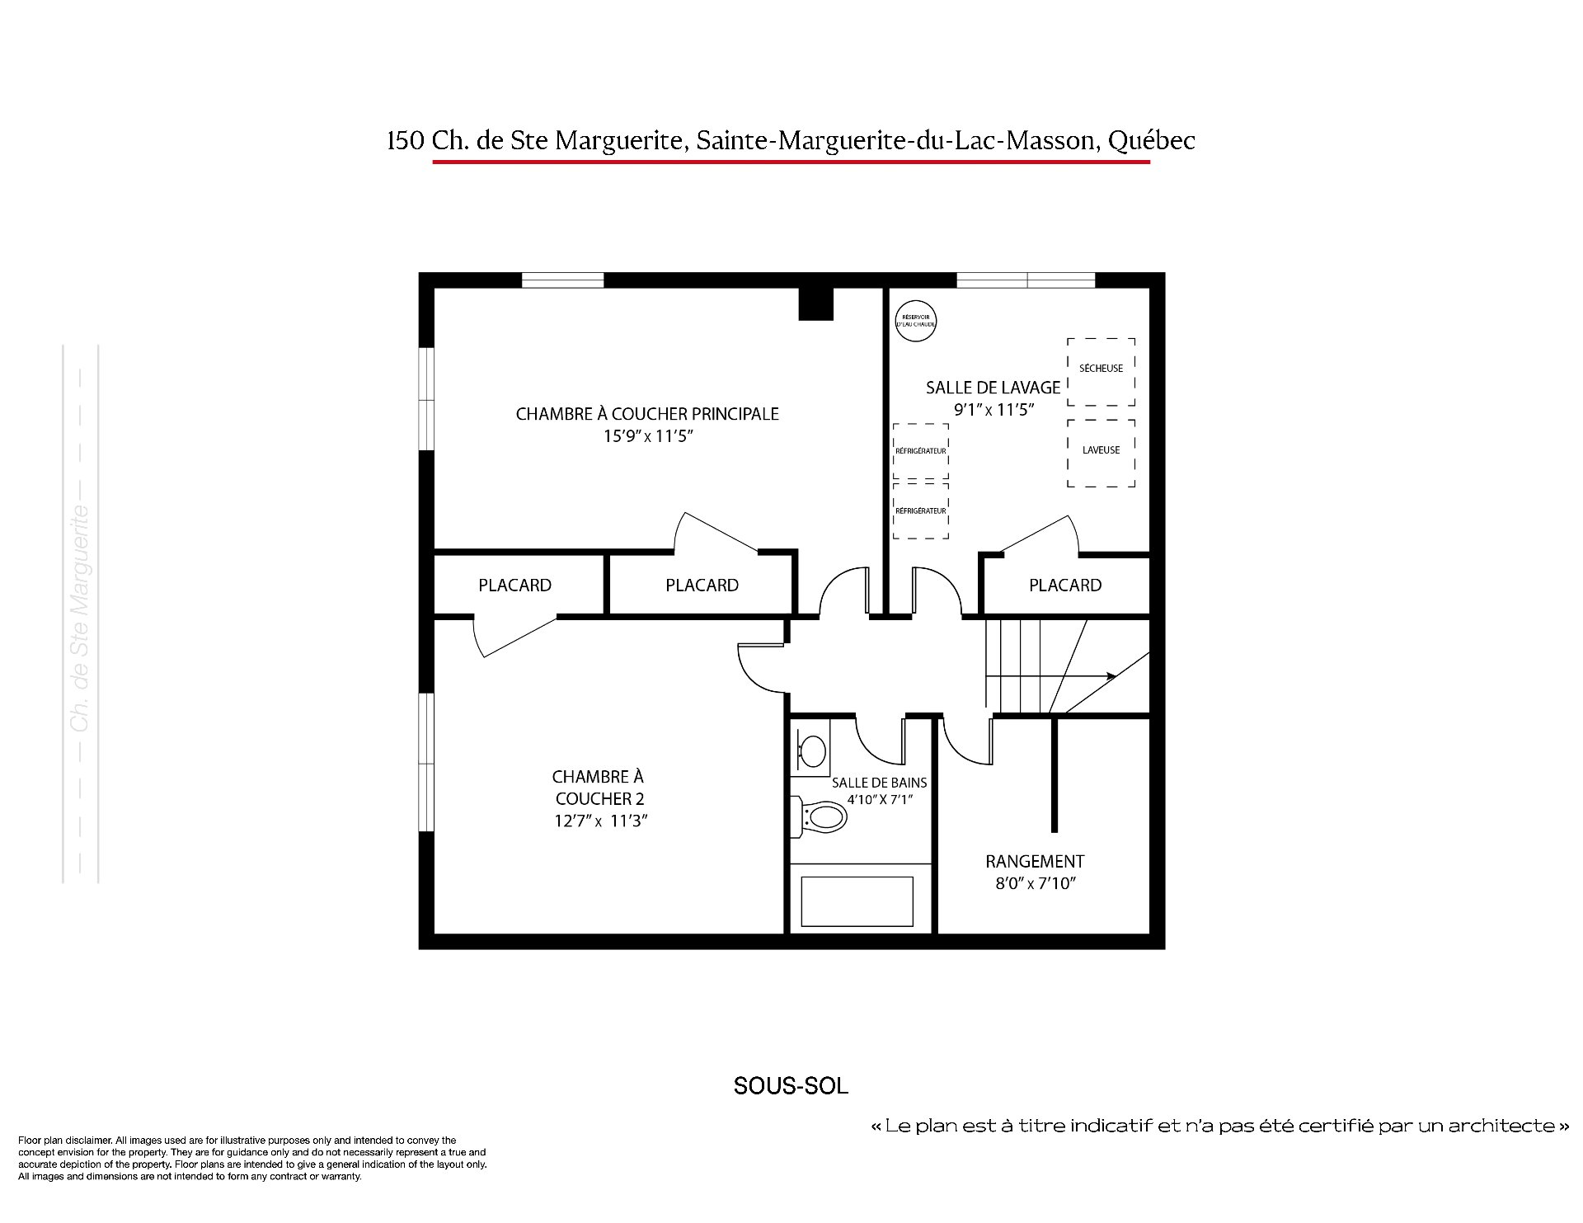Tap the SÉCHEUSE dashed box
click(x=1101, y=371)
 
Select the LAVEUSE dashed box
click(x=1101, y=453)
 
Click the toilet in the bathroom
click(x=820, y=817)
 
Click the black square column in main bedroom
click(x=816, y=303)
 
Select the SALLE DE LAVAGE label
click(x=993, y=388)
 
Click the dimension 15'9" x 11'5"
click(x=647, y=436)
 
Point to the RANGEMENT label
click(x=1035, y=862)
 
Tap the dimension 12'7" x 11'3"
click(x=600, y=821)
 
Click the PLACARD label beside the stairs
click(x=1065, y=586)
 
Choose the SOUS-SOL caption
click(x=791, y=1086)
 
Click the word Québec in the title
click(x=1151, y=141)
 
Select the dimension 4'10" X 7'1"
click(x=880, y=800)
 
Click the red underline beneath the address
click(x=791, y=162)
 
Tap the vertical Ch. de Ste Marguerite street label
click(x=80, y=618)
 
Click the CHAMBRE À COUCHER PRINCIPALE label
click(x=647, y=414)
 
